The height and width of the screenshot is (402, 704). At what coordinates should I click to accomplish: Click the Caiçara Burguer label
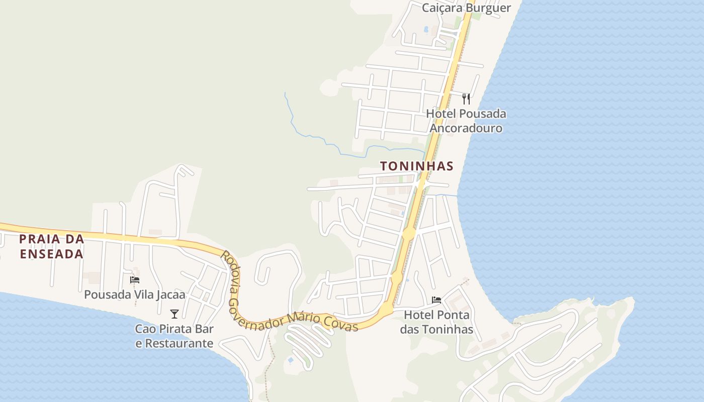[x=466, y=8]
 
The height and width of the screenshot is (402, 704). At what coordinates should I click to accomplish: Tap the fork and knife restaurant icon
[x=466, y=98]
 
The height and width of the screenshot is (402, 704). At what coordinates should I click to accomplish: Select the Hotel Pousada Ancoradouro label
[x=466, y=121]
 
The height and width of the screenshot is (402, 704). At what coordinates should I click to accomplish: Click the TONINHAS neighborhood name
[x=417, y=166]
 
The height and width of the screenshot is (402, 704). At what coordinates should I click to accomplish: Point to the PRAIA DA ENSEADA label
[x=51, y=246]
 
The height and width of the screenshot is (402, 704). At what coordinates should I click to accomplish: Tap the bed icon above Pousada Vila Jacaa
[x=135, y=280]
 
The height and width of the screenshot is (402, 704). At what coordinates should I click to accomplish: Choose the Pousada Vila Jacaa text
[x=135, y=294]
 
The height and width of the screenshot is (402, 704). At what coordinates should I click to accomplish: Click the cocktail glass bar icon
[x=174, y=314]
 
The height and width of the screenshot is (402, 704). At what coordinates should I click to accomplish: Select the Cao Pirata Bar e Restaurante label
[x=174, y=336]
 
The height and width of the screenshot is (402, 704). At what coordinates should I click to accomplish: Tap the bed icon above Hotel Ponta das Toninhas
[x=436, y=300]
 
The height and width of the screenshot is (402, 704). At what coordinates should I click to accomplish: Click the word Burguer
[x=487, y=8]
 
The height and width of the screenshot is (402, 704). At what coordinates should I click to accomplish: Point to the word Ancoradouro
[x=466, y=128]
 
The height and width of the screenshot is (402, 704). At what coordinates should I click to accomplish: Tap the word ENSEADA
[x=51, y=254]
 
